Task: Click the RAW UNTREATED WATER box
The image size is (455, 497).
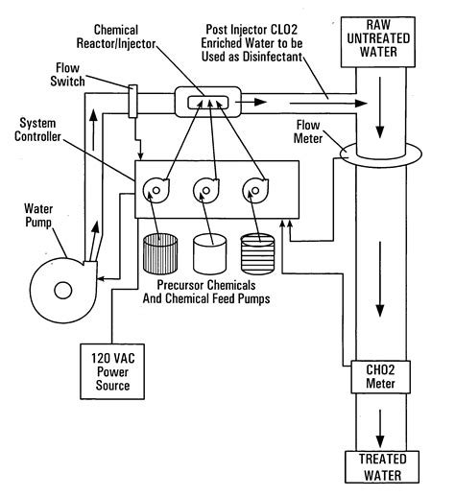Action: (x=378, y=42)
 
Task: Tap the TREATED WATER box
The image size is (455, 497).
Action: (x=382, y=467)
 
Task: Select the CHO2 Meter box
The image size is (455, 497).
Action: (x=380, y=377)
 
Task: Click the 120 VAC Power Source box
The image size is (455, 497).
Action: (x=112, y=371)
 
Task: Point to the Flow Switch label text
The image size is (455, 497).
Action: (x=67, y=75)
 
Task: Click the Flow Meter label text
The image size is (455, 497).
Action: (x=308, y=131)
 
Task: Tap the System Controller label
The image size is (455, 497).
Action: (x=37, y=130)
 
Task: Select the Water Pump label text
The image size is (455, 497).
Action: (x=38, y=216)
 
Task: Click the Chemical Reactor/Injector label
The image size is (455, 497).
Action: (x=116, y=36)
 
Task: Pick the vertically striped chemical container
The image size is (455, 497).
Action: (x=160, y=254)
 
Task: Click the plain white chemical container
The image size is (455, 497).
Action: (x=210, y=254)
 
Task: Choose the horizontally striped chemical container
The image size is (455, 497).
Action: (x=258, y=254)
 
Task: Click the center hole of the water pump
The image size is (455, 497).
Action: (x=63, y=291)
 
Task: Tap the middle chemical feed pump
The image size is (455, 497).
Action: (x=206, y=191)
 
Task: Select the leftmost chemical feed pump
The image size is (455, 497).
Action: (x=156, y=191)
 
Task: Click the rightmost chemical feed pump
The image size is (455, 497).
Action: (x=255, y=191)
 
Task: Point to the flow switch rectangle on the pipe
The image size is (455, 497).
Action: (x=132, y=101)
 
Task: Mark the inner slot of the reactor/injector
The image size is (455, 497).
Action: (x=208, y=103)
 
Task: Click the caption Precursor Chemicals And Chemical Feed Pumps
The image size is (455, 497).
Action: (x=206, y=292)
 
